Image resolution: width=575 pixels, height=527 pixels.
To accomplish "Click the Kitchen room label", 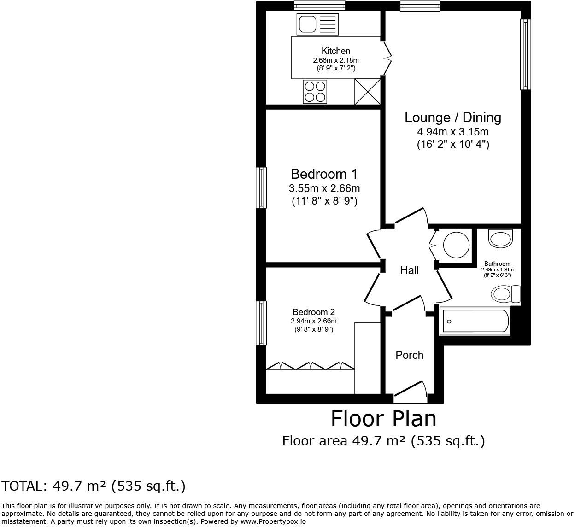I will click(335, 51).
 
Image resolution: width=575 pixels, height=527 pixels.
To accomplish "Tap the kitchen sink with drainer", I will click(317, 24).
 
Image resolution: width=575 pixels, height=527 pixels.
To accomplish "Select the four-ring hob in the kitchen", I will click(315, 91).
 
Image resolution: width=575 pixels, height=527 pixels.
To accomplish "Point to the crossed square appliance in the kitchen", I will click(367, 91).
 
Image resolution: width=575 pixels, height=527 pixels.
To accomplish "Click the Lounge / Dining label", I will click(452, 117).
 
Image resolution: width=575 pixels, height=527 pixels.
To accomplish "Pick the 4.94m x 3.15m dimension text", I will click(452, 132).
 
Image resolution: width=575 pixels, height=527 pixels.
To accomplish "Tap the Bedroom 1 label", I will click(324, 174).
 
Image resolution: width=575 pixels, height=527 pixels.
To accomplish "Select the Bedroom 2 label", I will click(313, 312).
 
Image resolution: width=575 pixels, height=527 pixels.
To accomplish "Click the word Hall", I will click(409, 270).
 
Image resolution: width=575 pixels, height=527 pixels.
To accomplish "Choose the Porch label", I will click(409, 355).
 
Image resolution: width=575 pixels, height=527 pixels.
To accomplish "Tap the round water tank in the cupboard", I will click(456, 245).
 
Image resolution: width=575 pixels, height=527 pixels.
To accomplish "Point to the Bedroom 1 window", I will click(261, 187).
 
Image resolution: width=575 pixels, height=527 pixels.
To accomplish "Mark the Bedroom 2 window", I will click(261, 323).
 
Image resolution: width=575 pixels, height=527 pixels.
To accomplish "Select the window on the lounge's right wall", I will click(525, 54).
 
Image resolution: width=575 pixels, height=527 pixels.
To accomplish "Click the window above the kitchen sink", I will click(319, 6).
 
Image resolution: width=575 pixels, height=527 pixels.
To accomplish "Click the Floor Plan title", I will click(383, 419).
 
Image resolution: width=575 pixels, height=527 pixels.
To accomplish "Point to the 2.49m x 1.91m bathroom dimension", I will click(497, 270).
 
